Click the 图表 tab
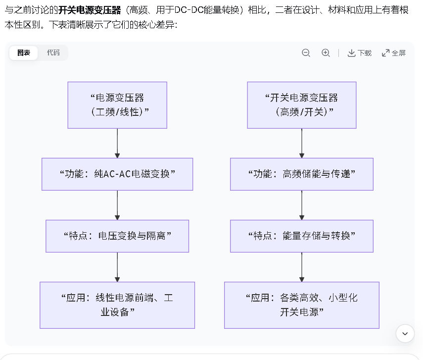click(24, 52)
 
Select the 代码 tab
click(53, 52)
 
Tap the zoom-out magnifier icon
click(306, 53)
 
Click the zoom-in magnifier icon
click(326, 53)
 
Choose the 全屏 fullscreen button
click(394, 53)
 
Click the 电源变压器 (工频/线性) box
click(117, 105)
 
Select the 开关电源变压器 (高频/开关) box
click(302, 105)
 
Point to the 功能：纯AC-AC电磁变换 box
click(117, 174)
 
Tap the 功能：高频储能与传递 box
click(302, 174)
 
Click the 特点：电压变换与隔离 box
click(117, 236)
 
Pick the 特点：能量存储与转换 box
click(302, 236)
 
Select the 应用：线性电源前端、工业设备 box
click(117, 305)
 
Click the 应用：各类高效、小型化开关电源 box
click(302, 305)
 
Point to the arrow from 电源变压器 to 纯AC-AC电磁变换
click(117, 143)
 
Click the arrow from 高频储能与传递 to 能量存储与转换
click(302, 205)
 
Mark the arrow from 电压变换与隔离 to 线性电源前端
click(117, 267)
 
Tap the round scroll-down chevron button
click(405, 334)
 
